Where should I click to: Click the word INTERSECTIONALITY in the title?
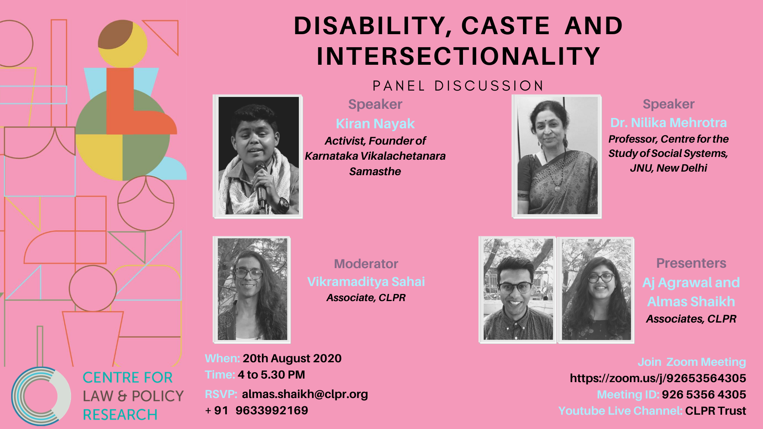458,56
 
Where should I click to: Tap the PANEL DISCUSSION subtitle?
458,86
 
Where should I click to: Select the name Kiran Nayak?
375,124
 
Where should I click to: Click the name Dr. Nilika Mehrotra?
668,123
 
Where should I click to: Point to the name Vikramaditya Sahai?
366,282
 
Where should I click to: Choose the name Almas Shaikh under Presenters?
691,301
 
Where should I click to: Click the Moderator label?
366,264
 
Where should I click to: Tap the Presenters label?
691,263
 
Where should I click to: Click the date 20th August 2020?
292,358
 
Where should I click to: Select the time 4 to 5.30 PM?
271,375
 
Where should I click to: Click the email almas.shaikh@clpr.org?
305,394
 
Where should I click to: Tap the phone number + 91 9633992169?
257,410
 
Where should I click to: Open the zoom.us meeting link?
658,378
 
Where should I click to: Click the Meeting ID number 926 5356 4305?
704,394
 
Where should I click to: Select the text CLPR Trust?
715,411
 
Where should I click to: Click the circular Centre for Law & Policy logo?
41,396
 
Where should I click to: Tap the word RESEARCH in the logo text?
120,415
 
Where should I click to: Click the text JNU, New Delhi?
668,168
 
